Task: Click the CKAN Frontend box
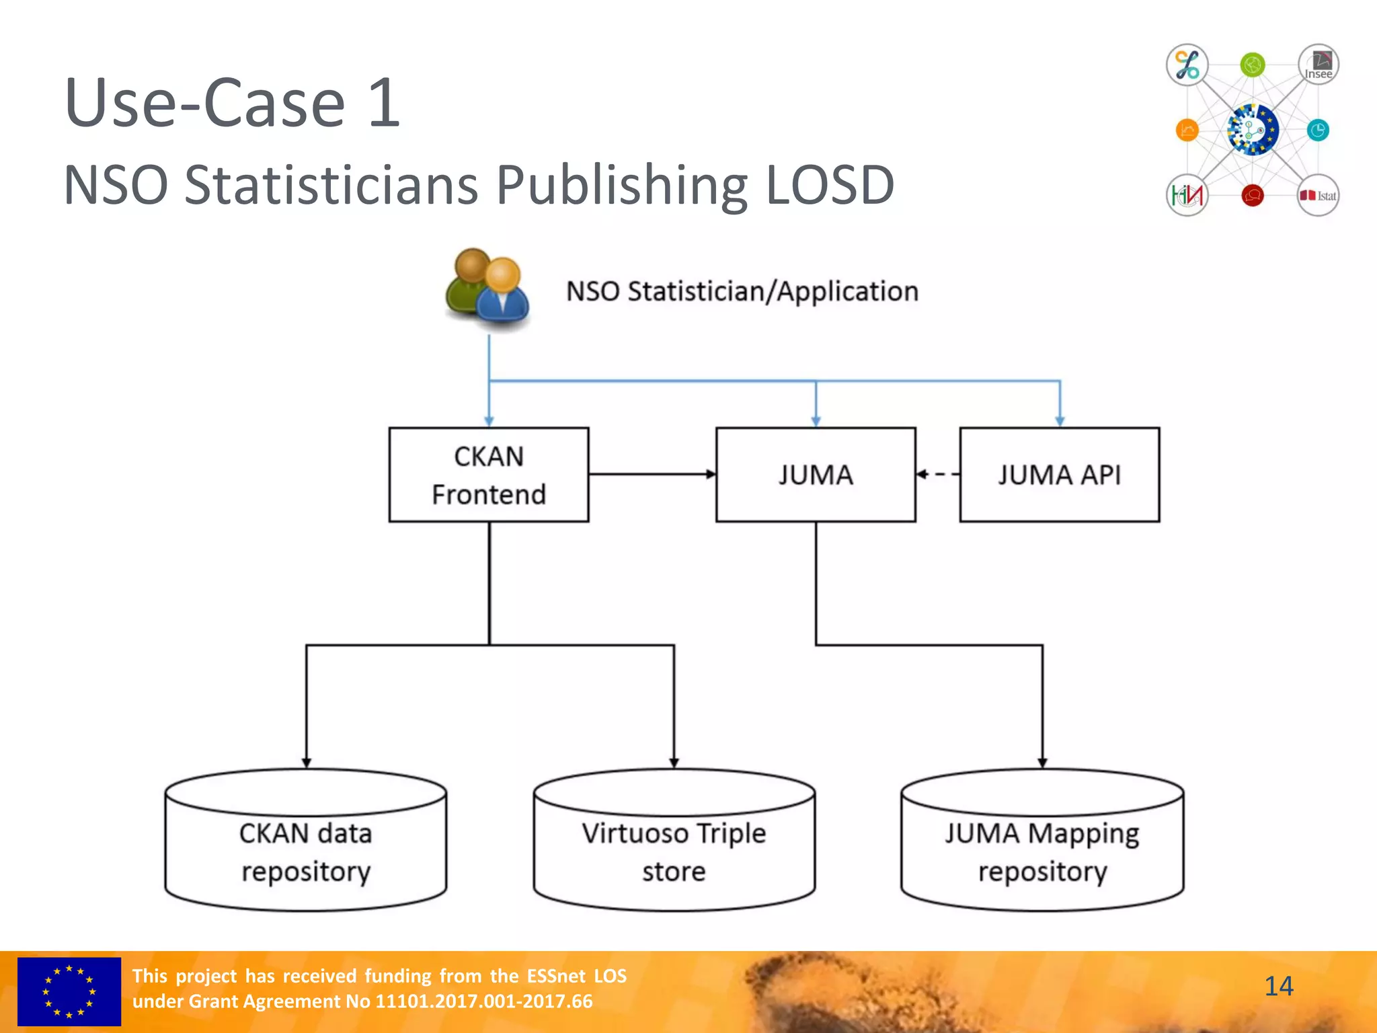489,475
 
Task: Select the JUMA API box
1059,475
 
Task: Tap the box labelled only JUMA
816,475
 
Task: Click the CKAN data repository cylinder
306,851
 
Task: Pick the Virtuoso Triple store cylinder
674,851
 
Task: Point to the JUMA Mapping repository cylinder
1042,851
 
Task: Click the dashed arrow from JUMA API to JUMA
938,475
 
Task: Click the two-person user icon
487,290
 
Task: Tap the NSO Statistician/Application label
742,292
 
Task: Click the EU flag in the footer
69,991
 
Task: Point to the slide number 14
1278,987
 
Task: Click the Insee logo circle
1318,65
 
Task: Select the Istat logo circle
1318,196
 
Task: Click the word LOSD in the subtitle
830,185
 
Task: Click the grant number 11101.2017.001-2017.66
483,1001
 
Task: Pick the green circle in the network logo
1252,65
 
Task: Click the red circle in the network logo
1252,196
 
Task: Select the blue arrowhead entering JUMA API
1060,421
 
